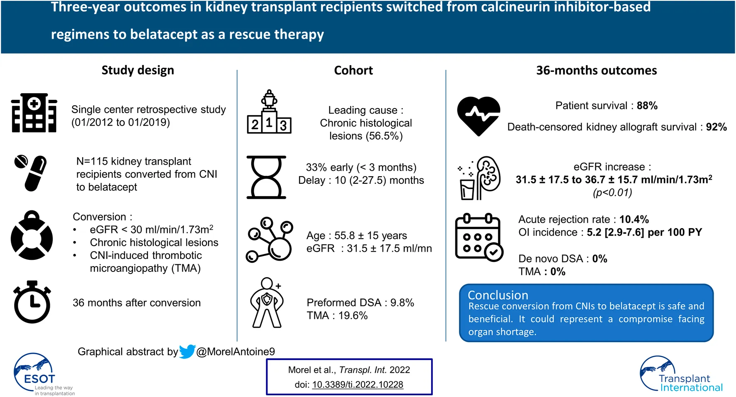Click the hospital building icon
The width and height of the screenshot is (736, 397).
pos(34,113)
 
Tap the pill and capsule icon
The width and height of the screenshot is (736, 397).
pos(31,173)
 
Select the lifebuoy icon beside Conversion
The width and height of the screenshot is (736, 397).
pos(32,236)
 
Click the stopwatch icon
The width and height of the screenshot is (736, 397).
pos(32,302)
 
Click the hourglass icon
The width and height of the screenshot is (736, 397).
pos(266,177)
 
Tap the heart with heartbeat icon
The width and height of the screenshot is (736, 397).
pos(478,116)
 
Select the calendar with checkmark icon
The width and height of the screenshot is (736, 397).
pos(478,237)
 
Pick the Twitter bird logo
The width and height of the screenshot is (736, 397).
pos(187,352)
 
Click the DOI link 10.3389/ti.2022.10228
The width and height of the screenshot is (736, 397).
pos(358,385)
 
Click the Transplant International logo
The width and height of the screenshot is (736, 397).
pos(682,375)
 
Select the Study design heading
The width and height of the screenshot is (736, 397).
pos(138,70)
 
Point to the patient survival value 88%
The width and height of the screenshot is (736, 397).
pos(647,106)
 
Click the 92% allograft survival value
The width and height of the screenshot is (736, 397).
pos(716,127)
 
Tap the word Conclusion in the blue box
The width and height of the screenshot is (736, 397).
pos(498,295)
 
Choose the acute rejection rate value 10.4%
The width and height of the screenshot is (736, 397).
pos(634,219)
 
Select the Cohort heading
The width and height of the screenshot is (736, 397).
pos(353,70)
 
